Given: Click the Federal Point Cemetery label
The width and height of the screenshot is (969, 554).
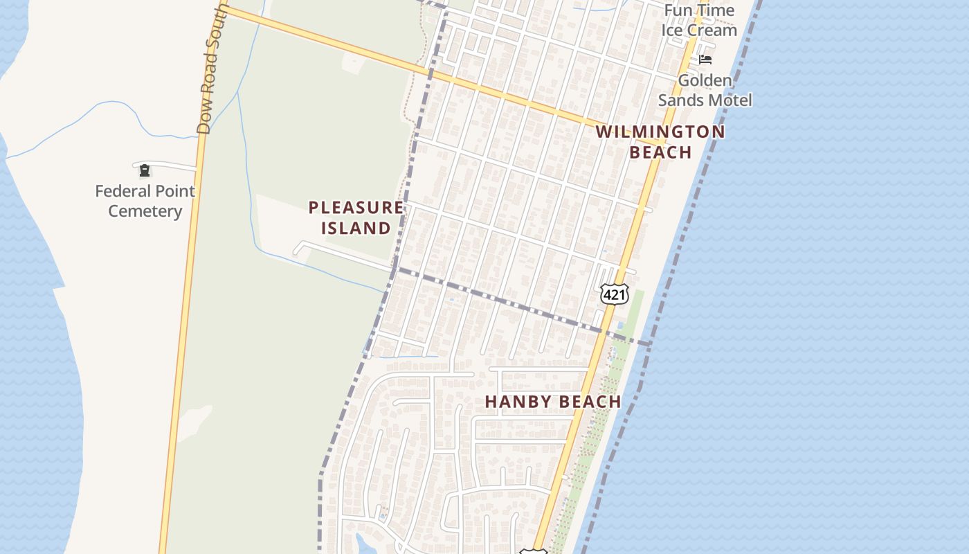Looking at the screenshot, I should (145, 201).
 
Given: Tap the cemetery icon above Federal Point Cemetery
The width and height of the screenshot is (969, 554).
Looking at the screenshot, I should (145, 170).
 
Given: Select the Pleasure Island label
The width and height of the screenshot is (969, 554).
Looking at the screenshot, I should (356, 217).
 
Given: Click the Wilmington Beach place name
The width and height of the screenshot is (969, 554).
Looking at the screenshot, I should (660, 142).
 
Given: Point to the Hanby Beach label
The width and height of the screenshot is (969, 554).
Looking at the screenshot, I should (552, 402).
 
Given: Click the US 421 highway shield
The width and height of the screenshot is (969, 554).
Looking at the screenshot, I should (614, 295).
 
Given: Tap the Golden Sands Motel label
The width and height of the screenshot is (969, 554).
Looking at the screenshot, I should (705, 90).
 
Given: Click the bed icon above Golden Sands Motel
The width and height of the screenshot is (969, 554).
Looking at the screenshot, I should (705, 60).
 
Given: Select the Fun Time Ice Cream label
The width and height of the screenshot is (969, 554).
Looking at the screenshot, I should (699, 21).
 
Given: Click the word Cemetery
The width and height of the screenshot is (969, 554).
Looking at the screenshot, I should (145, 211).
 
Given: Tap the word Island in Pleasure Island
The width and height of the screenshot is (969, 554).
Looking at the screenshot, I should (356, 228).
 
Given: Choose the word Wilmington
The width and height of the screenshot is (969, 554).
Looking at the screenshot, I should (660, 132).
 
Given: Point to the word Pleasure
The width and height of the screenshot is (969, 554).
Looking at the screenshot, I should (356, 207).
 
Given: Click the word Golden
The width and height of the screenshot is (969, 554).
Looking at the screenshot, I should (705, 80).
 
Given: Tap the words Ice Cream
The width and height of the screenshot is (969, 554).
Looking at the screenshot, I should (699, 30).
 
